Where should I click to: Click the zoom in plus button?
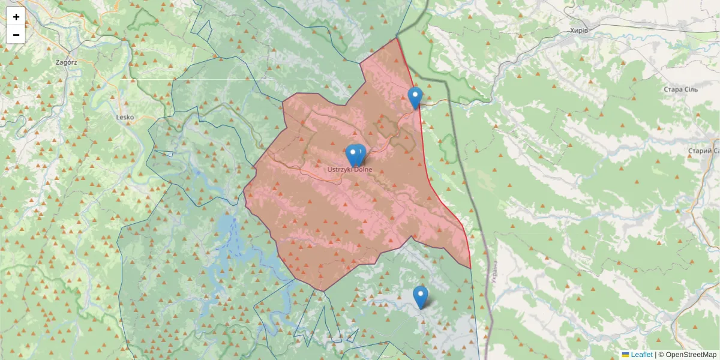click(x=16, y=17)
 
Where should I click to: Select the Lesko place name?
click(x=125, y=117)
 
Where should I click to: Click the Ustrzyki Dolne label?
click(x=350, y=170)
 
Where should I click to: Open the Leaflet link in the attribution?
click(x=641, y=355)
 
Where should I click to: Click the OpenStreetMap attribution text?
click(x=691, y=355)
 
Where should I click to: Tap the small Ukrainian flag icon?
click(x=625, y=355)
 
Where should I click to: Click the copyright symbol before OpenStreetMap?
click(x=661, y=355)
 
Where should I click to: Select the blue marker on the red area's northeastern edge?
click(x=415, y=98)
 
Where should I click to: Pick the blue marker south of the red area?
click(x=421, y=297)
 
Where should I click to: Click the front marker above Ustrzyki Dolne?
click(x=359, y=155)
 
